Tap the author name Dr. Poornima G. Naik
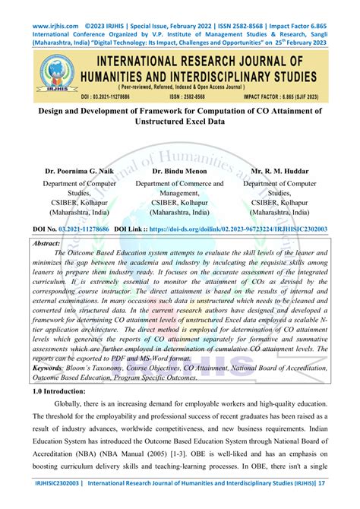(x=79, y=172)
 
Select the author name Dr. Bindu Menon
(x=179, y=172)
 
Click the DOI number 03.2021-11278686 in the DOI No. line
(x=84, y=228)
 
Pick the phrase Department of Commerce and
(x=179, y=183)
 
